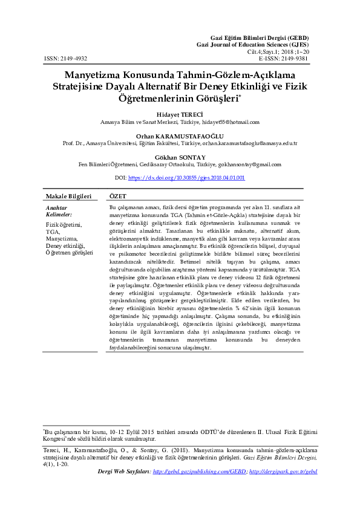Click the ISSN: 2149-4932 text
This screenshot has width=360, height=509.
coord(65,59)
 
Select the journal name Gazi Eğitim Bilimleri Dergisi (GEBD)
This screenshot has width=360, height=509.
coord(270,38)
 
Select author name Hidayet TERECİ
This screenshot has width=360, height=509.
coord(180,114)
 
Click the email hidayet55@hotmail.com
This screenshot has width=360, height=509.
coord(231,122)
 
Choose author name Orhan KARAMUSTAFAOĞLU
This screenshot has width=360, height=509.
coord(180,135)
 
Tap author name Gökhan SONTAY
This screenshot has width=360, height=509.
coord(180,157)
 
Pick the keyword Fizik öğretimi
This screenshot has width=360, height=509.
coord(64,225)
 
